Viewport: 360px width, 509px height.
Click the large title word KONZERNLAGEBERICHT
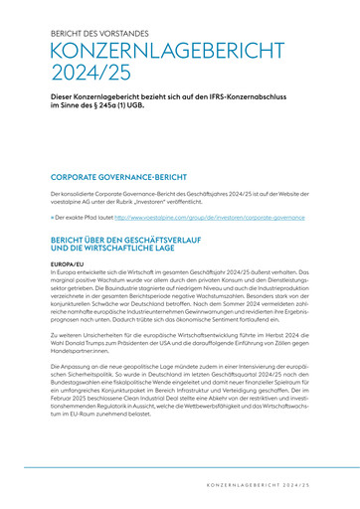click(149, 52)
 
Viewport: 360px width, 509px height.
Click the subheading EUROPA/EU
click(69, 263)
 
